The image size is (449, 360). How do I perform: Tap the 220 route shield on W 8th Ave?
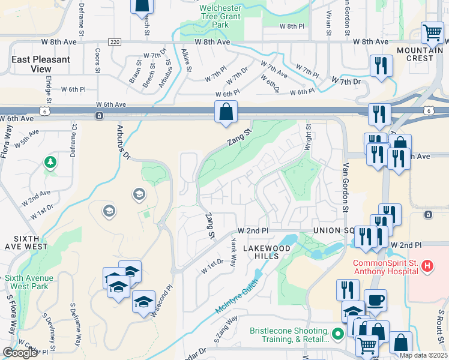coord(115,42)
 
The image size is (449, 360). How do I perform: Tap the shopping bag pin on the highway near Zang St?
coord(226,112)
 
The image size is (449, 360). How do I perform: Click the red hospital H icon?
coord(427,265)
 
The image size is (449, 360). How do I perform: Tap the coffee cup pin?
coord(376,299)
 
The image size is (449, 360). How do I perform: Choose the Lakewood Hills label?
coord(261,252)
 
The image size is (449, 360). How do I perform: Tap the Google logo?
coord(20,353)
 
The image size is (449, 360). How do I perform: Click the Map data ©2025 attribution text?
coord(423,355)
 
